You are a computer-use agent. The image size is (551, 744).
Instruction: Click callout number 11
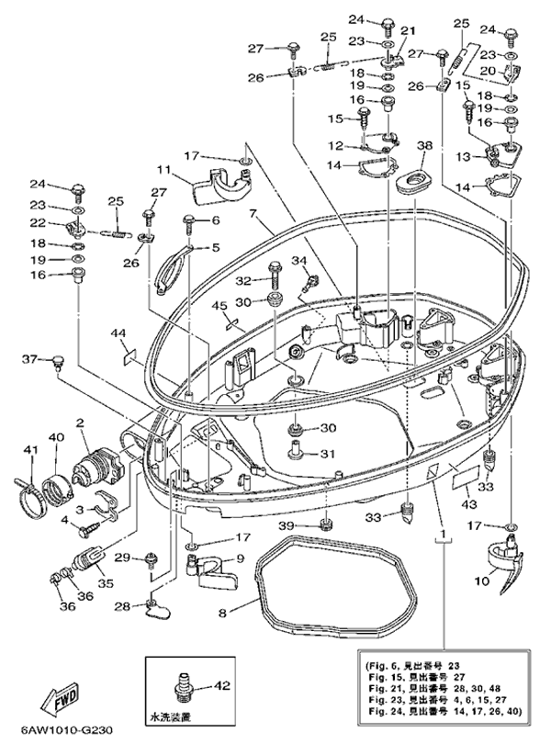click(x=163, y=170)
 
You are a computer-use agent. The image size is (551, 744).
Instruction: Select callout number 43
click(x=467, y=505)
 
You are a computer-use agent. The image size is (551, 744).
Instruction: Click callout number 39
click(x=311, y=524)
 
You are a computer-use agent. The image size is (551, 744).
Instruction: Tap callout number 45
click(x=219, y=305)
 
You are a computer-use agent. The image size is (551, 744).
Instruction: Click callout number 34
click(x=297, y=261)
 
